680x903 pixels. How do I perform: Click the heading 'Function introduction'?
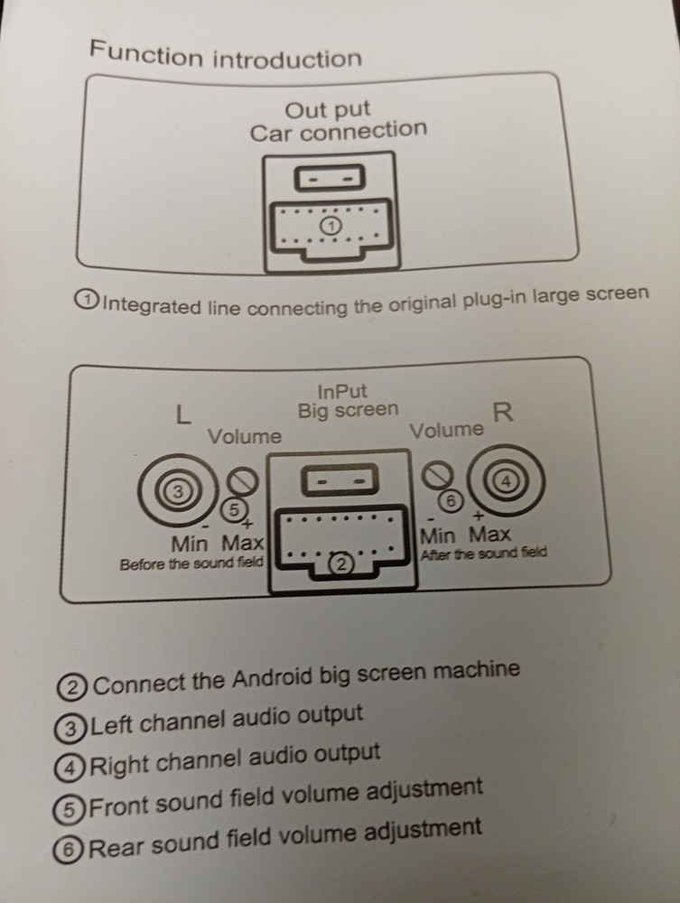pos(225,55)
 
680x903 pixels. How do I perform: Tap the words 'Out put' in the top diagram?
pos(328,110)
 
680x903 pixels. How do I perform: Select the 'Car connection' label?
pos(338,133)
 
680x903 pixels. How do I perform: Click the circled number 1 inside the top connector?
pos(331,225)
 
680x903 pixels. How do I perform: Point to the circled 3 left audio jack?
pos(179,491)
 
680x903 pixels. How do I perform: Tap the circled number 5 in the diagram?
pos(235,510)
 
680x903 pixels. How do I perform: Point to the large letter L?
pos(183,414)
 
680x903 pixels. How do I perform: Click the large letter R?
pos(504,412)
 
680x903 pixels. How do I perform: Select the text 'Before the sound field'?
pos(191,563)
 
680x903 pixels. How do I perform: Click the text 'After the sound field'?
pos(483,554)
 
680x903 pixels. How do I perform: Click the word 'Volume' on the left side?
pos(245,436)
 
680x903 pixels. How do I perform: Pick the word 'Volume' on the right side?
pos(446,431)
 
